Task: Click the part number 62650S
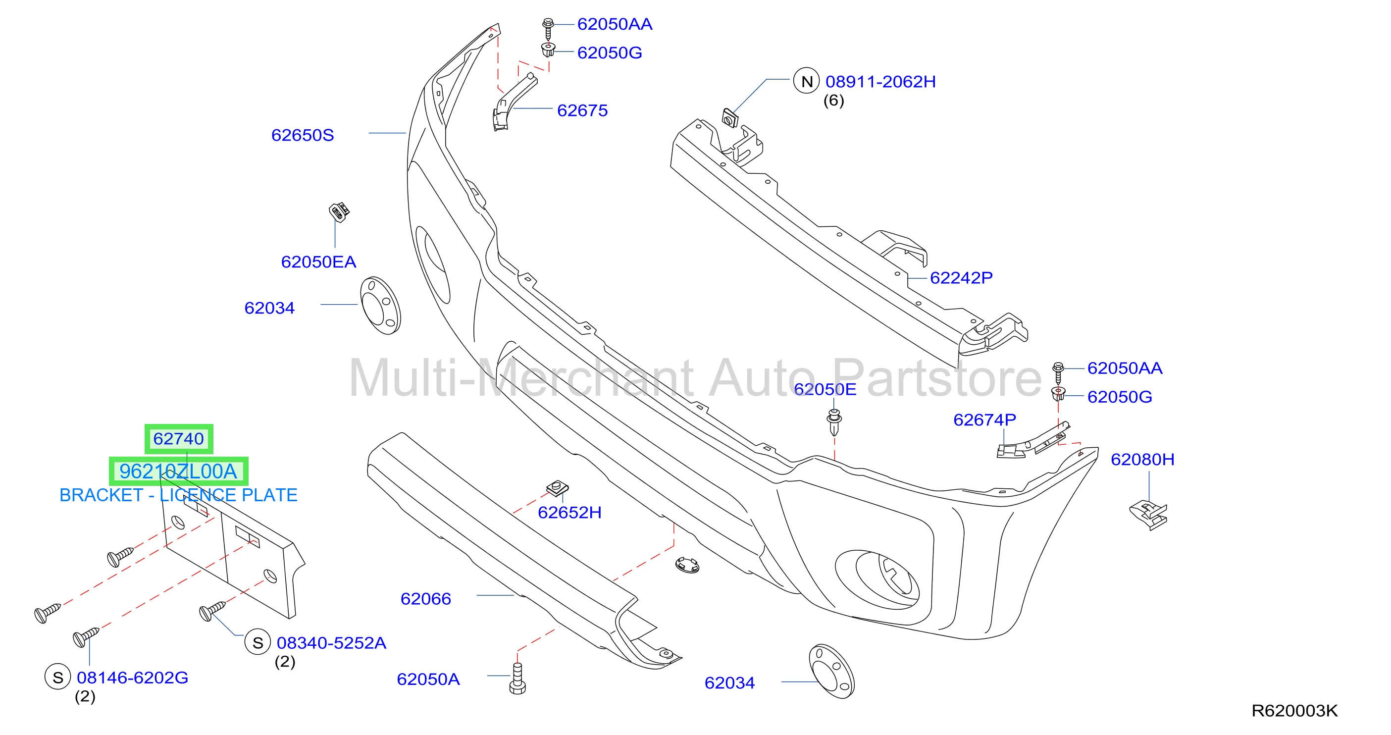[x=303, y=135]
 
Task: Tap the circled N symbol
[x=806, y=81]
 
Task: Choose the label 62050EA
[x=318, y=262]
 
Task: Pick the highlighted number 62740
[x=179, y=438]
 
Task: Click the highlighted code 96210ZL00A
[x=178, y=472]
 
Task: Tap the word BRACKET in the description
[x=101, y=495]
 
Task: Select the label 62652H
[x=569, y=513]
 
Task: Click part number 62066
[x=425, y=599]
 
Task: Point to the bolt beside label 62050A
[x=517, y=680]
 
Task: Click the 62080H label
[x=1142, y=460]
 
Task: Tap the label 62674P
[x=984, y=420]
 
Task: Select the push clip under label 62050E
[x=834, y=422]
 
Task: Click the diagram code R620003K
[x=1294, y=711]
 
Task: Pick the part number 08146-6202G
[x=132, y=678]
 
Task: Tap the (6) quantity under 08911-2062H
[x=834, y=101]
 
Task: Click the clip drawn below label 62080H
[x=1148, y=515]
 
